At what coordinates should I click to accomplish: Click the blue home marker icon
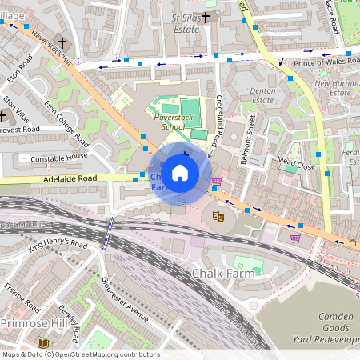click(x=180, y=172)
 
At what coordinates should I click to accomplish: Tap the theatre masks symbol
click(x=218, y=214)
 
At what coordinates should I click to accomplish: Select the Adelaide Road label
click(x=69, y=178)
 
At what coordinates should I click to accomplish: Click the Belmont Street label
click(x=247, y=140)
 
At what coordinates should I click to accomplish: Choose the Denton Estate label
click(x=263, y=96)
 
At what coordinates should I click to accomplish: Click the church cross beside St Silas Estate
click(x=206, y=17)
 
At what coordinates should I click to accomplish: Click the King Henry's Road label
click(x=57, y=243)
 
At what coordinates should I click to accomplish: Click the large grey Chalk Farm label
click(x=222, y=274)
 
